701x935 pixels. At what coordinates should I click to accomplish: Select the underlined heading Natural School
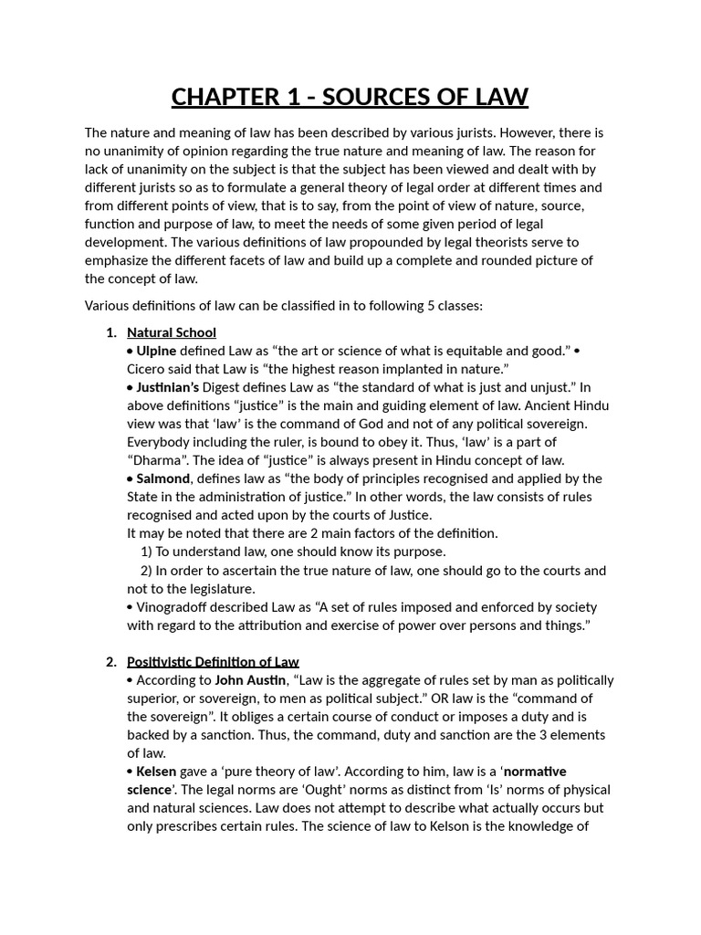click(x=172, y=332)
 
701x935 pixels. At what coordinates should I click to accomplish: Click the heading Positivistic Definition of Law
click(x=213, y=662)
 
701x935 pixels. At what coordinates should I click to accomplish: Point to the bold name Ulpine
click(x=156, y=351)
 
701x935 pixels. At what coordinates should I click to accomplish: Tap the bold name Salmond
click(x=163, y=478)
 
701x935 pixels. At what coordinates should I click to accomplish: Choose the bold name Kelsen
click(x=156, y=772)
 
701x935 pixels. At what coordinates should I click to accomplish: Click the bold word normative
click(x=535, y=772)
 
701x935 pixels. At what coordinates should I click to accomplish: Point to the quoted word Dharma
click(x=157, y=460)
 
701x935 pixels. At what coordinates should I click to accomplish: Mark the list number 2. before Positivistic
click(x=111, y=662)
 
